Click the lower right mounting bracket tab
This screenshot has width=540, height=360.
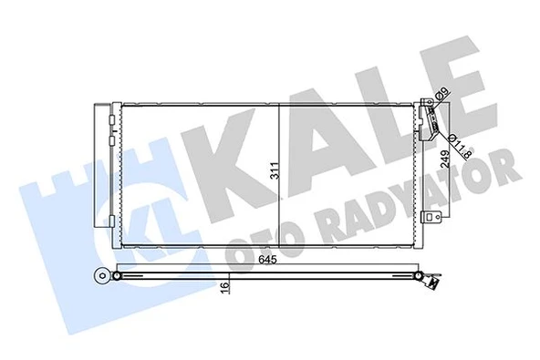436,219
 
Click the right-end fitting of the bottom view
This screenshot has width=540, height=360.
429,281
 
